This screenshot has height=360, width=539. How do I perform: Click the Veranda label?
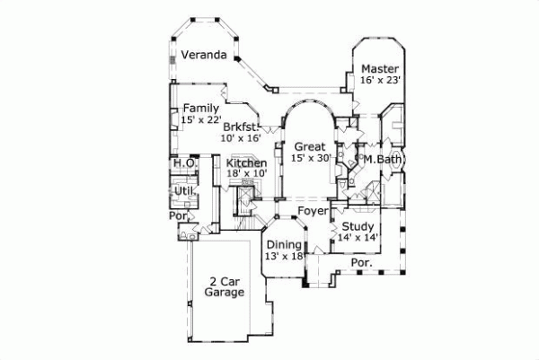pos(203,55)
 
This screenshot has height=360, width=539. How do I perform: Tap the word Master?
pos(380,68)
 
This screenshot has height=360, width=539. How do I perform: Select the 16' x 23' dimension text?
pos(380,80)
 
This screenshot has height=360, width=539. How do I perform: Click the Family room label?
pos(201,108)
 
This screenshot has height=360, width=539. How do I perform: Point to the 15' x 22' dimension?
pos(200,119)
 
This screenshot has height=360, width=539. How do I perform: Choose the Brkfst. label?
pos(241,127)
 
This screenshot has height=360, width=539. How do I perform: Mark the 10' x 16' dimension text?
pos(240,138)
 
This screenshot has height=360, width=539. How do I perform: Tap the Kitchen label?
pos(246,163)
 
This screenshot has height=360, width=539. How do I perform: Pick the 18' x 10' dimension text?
pos(246,174)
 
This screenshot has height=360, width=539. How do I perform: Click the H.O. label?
pos(185,163)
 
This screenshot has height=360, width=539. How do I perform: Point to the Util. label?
pos(185,191)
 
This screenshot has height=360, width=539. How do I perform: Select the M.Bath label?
pos(381,159)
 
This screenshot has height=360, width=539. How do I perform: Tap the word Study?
pos(358,226)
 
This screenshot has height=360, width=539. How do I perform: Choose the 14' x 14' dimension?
pos(358,238)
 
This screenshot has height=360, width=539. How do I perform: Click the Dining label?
pos(284,244)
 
